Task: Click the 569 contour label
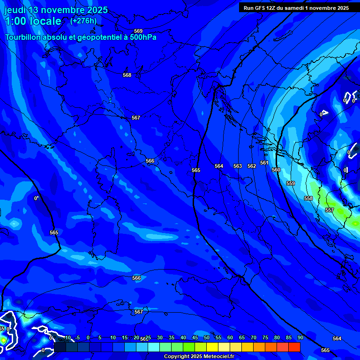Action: click(x=138, y=31)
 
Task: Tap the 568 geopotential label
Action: click(x=127, y=75)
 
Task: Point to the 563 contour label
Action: click(x=238, y=166)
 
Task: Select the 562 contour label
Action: click(x=252, y=166)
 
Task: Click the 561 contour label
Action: click(x=264, y=163)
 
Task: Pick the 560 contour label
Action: click(x=276, y=170)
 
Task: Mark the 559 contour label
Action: click(x=291, y=183)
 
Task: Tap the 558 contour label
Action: click(x=308, y=198)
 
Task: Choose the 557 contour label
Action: click(x=330, y=210)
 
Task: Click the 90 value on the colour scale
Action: click(x=300, y=337)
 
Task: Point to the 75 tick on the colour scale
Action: click(x=265, y=337)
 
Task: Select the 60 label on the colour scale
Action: click(x=230, y=337)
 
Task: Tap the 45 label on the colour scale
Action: click(x=195, y=337)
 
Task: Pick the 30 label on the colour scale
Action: click(x=159, y=337)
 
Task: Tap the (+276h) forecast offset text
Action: click(x=83, y=21)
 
